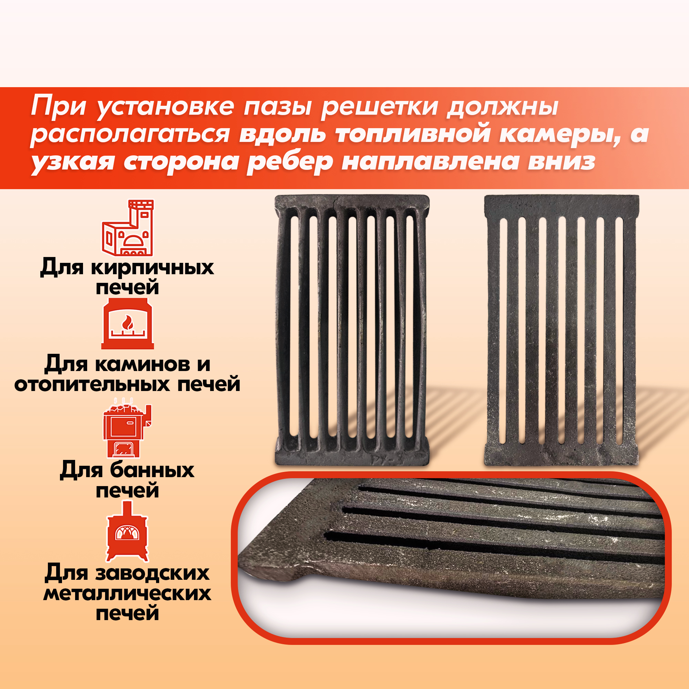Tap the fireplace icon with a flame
pyautogui.click(x=128, y=323)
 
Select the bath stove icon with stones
pyautogui.click(x=127, y=428)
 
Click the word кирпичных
pyautogui.click(x=153, y=268)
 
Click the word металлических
pyautogui.click(x=127, y=594)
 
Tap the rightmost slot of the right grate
pyautogui.click(x=619, y=331)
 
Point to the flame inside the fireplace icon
pyautogui.click(x=127, y=322)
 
